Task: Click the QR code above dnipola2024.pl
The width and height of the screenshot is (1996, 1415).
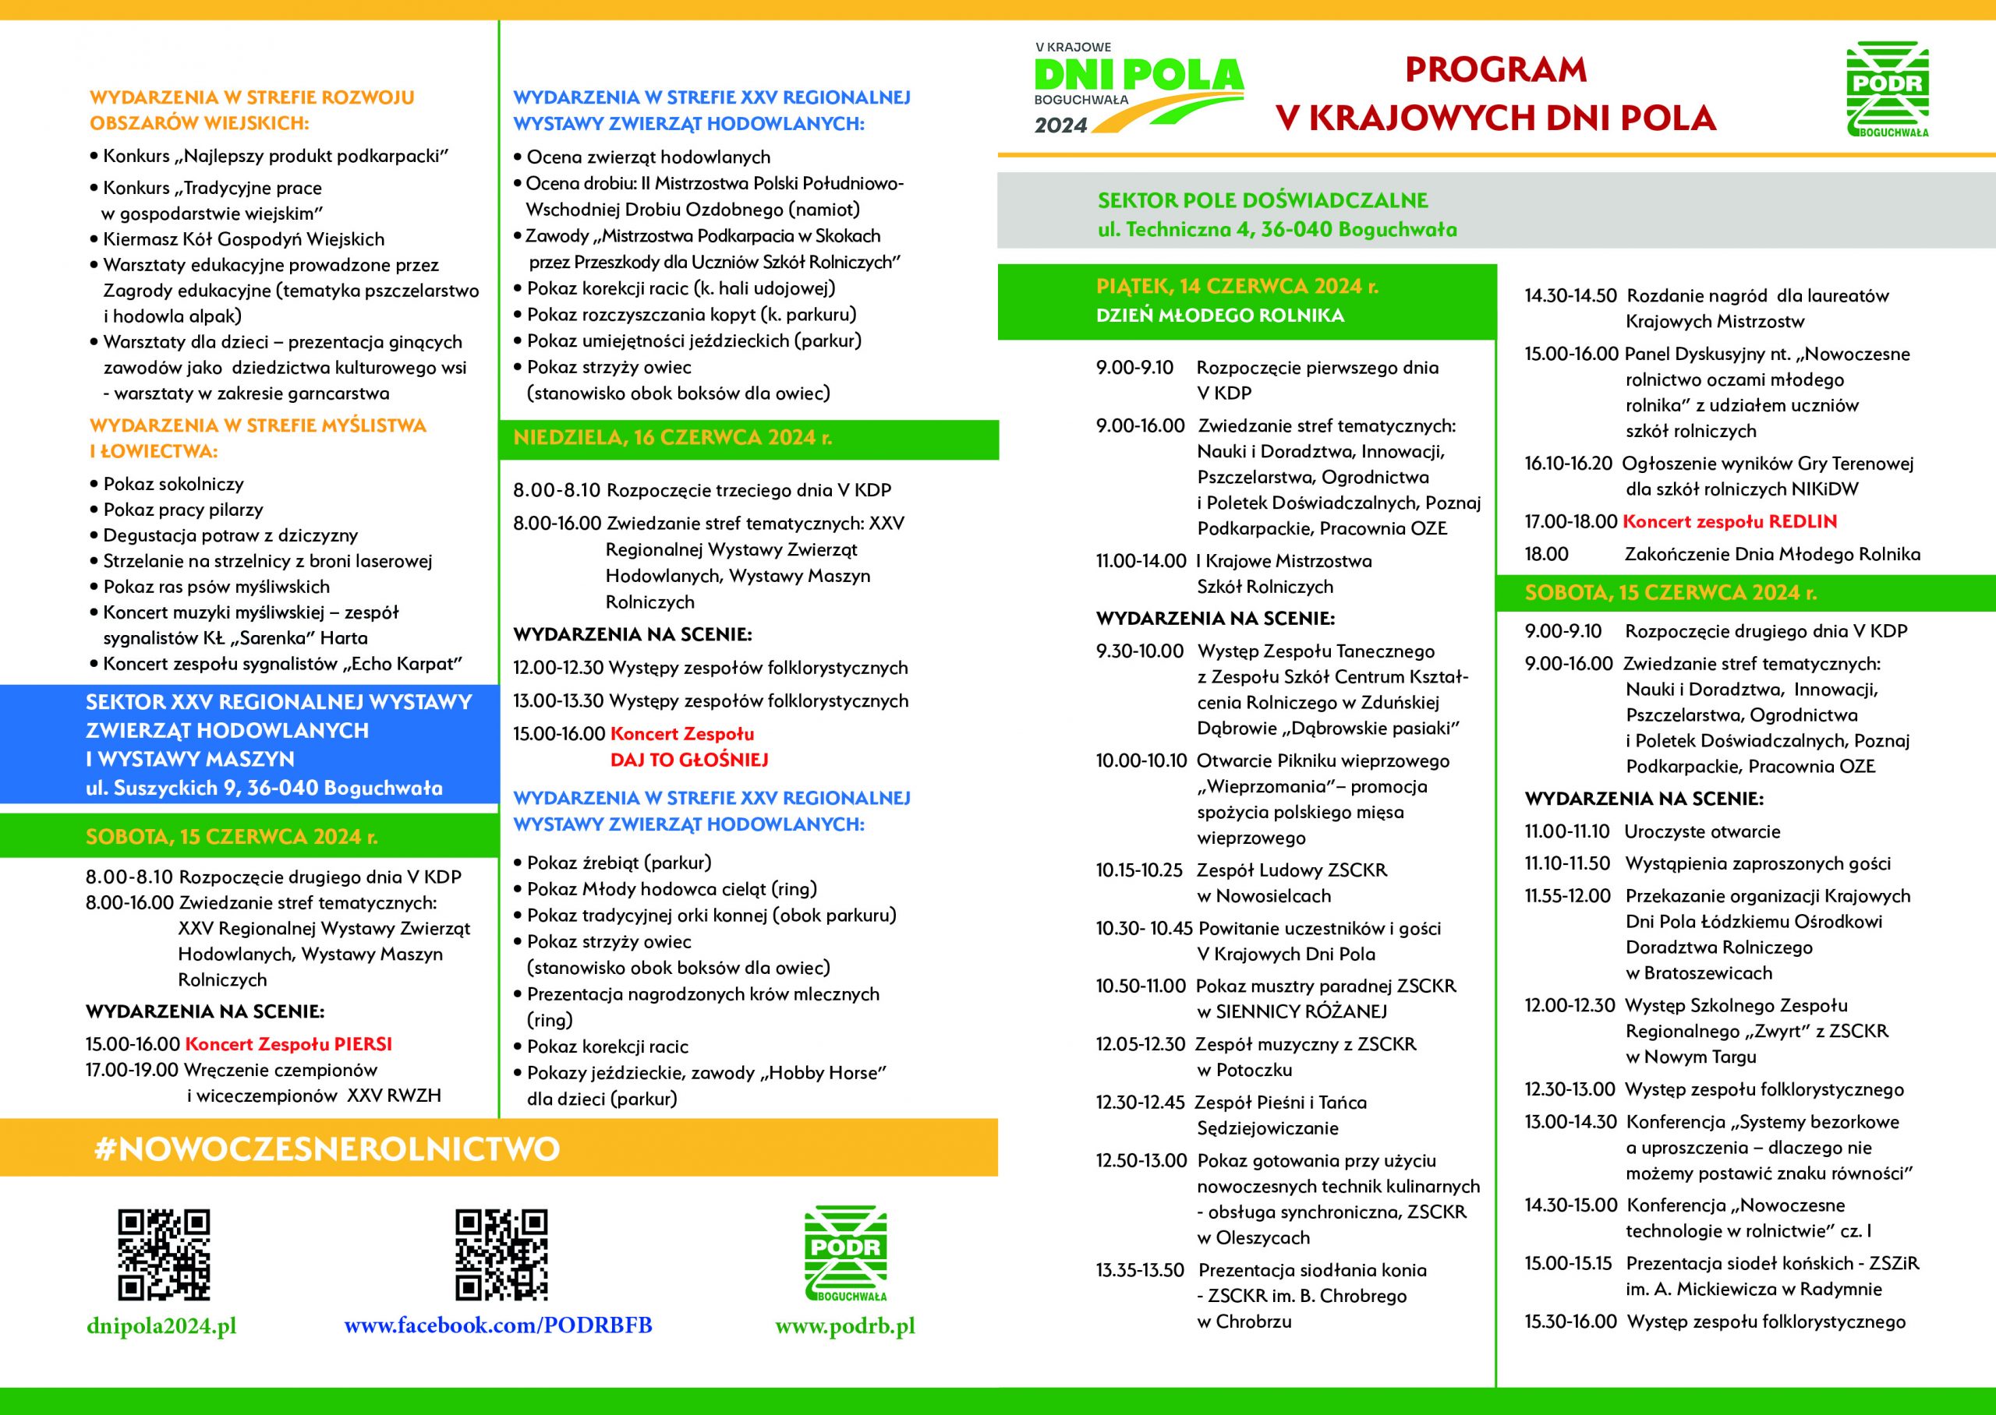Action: [x=164, y=1254]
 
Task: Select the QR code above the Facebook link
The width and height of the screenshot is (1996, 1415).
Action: [x=501, y=1254]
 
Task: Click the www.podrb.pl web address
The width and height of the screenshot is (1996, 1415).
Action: [x=844, y=1326]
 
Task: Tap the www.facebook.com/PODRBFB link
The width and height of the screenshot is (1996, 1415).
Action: [x=497, y=1326]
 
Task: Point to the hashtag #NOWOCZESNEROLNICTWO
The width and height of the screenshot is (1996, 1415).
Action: [x=327, y=1149]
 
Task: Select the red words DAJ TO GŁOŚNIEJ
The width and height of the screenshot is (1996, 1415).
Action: [x=688, y=760]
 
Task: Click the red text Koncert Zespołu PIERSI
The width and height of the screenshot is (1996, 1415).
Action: [x=288, y=1044]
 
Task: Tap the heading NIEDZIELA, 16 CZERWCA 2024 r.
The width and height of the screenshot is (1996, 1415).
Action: [x=672, y=438]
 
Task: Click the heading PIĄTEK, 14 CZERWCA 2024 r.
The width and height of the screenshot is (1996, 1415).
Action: [x=1237, y=287]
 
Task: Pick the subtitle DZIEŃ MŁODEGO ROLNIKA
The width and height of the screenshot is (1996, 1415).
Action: [x=1219, y=316]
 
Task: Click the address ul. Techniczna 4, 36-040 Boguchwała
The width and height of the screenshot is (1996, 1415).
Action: [x=1277, y=230]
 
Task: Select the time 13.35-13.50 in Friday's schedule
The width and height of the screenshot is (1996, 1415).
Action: [x=1140, y=1270]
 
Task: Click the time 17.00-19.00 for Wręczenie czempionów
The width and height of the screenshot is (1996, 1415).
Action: [x=132, y=1070]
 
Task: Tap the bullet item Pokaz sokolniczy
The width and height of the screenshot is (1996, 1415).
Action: [x=172, y=485]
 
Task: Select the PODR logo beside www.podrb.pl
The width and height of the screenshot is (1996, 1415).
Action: [x=844, y=1254]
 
